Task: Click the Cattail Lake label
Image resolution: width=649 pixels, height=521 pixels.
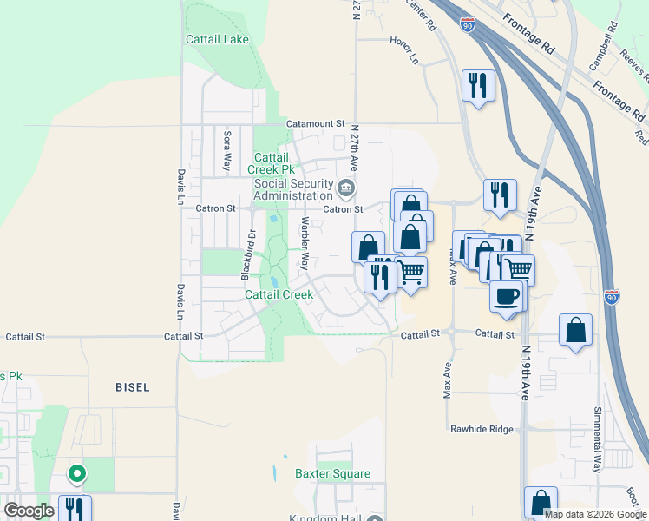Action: [217, 39]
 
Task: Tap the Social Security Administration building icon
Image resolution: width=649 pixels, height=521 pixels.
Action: [346, 187]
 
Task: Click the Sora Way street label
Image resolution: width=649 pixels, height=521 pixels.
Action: [227, 148]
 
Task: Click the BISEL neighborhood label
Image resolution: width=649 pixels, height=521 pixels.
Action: [133, 386]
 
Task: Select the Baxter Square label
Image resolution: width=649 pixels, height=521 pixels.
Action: [332, 474]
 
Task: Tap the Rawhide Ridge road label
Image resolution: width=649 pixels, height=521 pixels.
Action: [483, 429]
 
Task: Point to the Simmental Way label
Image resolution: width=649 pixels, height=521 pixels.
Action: [597, 439]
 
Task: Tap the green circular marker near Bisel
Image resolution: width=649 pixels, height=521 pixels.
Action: [77, 474]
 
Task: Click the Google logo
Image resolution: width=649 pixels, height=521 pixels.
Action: [29, 511]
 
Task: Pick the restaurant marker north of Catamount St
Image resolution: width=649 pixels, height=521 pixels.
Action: [478, 85]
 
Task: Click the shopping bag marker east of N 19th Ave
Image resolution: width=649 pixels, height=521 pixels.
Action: [575, 330]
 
